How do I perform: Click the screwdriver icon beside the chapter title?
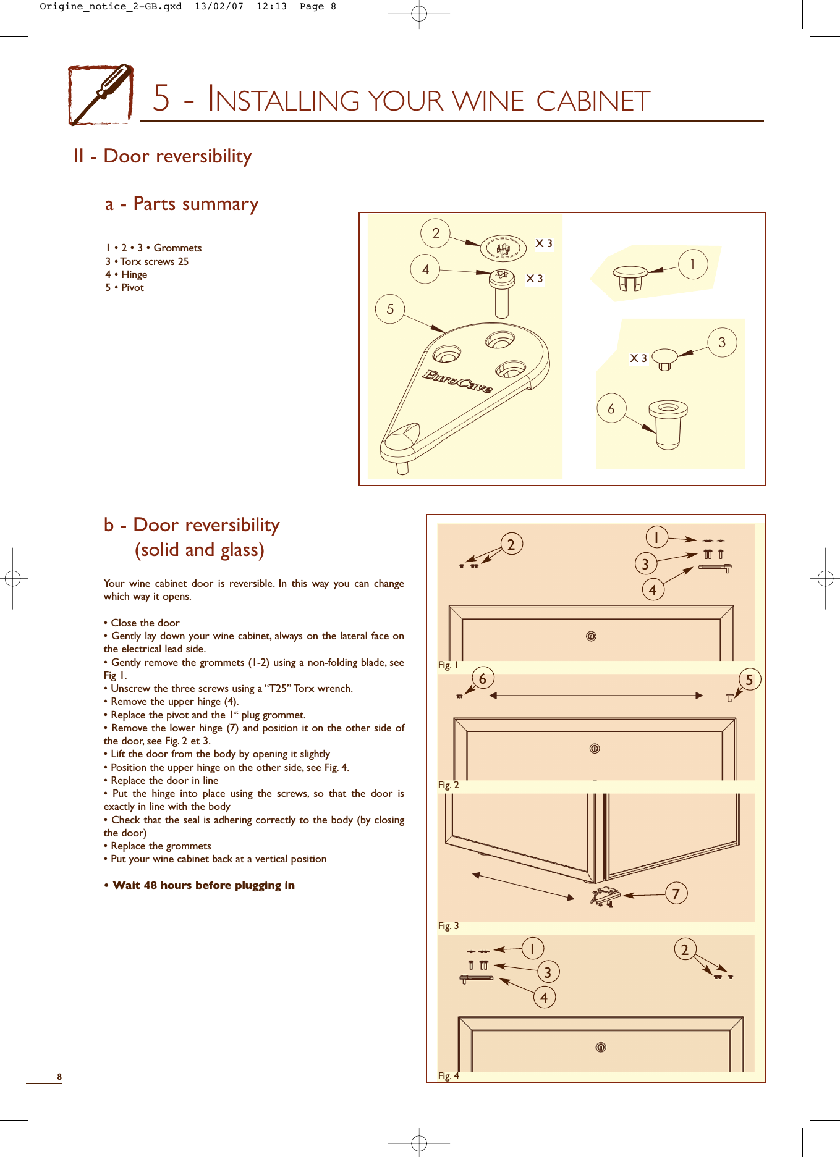coord(101,95)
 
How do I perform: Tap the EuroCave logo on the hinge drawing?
coord(457,381)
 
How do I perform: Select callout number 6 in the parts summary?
coord(611,409)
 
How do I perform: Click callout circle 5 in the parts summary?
coord(390,309)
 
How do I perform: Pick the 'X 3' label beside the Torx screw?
coord(535,279)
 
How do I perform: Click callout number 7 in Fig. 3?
coord(676,893)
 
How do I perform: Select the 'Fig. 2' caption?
coord(448,785)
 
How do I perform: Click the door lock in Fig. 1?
coord(591,636)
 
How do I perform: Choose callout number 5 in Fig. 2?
coord(749,680)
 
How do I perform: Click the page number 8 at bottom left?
coord(59,1077)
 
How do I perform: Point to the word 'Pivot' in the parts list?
coord(132,287)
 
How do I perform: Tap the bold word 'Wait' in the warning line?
coord(127,885)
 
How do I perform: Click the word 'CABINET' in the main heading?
coord(593,101)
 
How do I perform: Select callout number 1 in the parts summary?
coord(693,264)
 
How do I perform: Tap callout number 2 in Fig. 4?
coord(684,949)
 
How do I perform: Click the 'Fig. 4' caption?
coord(448,1075)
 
